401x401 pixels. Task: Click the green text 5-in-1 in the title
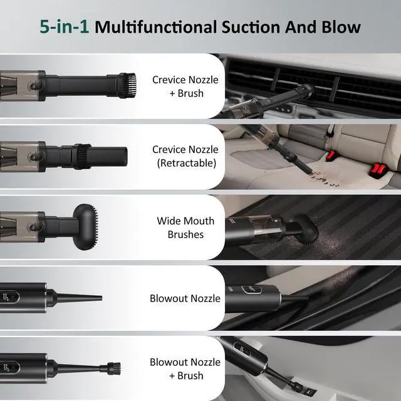pos(64,27)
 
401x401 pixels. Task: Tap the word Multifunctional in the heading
pos(155,27)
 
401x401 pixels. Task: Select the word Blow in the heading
pos(341,27)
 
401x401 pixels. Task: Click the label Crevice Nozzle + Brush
pos(185,86)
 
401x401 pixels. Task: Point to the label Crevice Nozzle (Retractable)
pos(185,156)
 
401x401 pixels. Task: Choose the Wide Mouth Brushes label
pos(185,227)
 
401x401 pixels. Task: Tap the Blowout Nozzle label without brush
pos(185,298)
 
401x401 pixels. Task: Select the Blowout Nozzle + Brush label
pos(185,369)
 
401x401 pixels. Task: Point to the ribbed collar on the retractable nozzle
pos(81,156)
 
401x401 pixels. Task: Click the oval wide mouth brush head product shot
pos(85,227)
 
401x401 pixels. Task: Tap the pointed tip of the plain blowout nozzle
pos(101,298)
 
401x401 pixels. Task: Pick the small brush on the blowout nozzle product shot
pos(114,368)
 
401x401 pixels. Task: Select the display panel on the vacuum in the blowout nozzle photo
pos(251,289)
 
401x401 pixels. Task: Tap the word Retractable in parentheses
pos(187,163)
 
